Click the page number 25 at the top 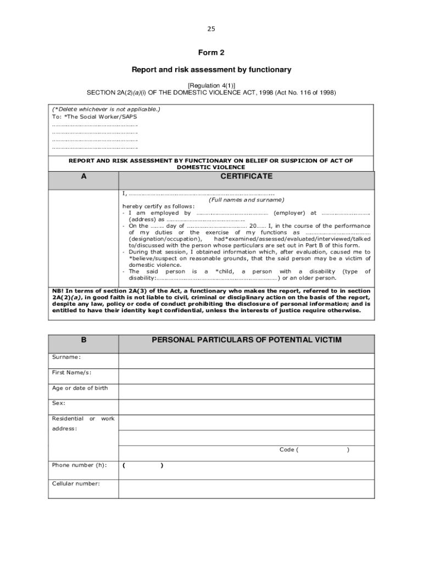point(211,29)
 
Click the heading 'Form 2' point(211,53)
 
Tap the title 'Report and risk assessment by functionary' point(211,70)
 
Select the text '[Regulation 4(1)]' point(211,86)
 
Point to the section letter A point(84,177)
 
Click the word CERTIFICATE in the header point(246,176)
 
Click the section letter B point(84,340)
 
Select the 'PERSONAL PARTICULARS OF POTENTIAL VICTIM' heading point(246,340)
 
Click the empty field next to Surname point(246,360)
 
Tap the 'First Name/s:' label point(71,373)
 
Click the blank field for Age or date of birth point(246,391)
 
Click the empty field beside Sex point(246,406)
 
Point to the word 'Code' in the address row point(287,449)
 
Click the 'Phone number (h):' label point(79,465)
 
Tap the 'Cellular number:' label point(76,484)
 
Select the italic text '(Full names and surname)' point(247,200)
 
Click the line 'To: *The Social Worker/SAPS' point(94,117)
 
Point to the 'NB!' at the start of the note point(58,290)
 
